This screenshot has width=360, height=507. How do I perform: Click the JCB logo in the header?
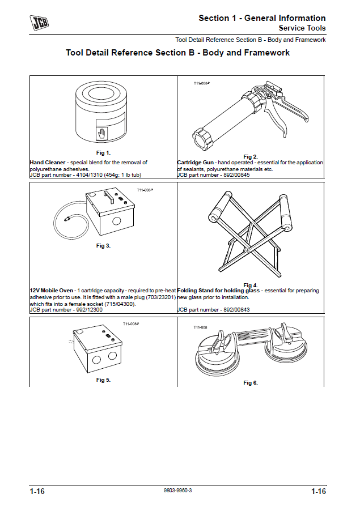click(x=40, y=23)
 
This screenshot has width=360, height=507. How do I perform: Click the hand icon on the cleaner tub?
click(x=102, y=134)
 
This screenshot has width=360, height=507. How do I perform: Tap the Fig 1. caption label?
click(x=103, y=153)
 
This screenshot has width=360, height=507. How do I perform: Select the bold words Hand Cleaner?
click(x=47, y=163)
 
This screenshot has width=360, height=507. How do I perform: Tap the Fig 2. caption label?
click(x=251, y=156)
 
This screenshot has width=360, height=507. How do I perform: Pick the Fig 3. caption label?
click(x=103, y=246)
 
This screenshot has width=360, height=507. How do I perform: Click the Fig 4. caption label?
click(x=251, y=285)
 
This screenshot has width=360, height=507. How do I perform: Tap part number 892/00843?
click(x=234, y=310)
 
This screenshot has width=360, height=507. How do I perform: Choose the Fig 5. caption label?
click(x=103, y=380)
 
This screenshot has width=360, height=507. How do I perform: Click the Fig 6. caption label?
click(x=251, y=383)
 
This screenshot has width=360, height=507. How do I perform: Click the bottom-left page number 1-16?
click(x=37, y=491)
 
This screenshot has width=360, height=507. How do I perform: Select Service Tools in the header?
click(x=302, y=28)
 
